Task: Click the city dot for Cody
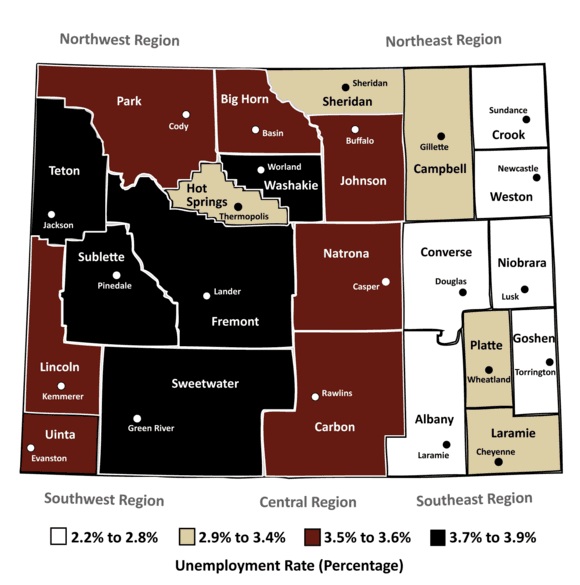point(185,113)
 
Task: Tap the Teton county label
point(63,171)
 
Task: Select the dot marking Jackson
point(47,212)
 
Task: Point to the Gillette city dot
point(439,135)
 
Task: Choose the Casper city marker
point(386,281)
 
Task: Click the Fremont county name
point(235,321)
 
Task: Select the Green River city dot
point(138,418)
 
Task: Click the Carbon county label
point(334,427)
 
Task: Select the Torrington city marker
point(549,361)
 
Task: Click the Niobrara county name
point(521,263)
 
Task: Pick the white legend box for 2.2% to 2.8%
point(59,537)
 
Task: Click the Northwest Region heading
point(120,41)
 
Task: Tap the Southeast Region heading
point(474,498)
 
